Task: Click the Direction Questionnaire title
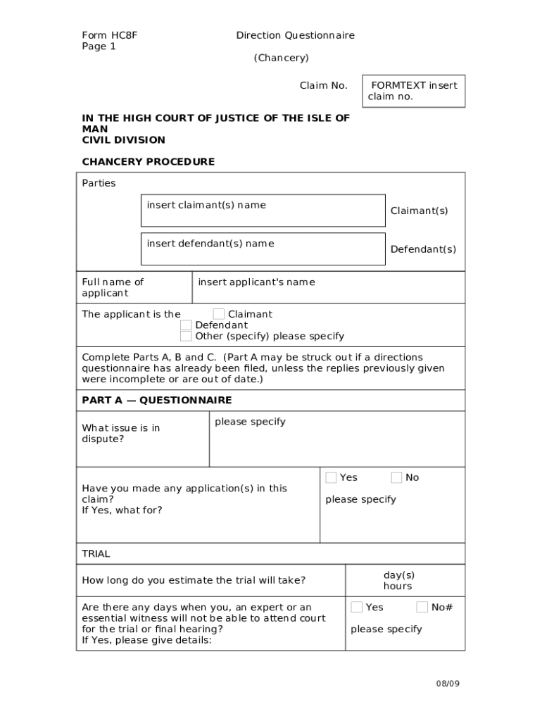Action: pos(295,35)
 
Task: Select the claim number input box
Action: pos(413,92)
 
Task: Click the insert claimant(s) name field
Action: pos(263,211)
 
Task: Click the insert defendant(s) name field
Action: pos(263,249)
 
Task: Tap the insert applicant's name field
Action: pos(327,287)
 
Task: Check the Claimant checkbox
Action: pos(219,314)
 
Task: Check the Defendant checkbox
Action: pos(186,325)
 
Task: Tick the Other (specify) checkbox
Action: pos(186,336)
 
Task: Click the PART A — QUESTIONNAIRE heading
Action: pos(157,400)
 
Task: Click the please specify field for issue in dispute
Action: pos(336,439)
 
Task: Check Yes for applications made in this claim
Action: pos(331,477)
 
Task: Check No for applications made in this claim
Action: pos(396,477)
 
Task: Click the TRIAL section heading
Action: pos(96,553)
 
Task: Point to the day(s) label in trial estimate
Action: pos(398,575)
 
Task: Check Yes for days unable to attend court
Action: pos(357,607)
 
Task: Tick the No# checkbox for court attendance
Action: pos(422,607)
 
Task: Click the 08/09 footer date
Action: pos(447,683)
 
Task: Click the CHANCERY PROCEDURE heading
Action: pos(149,161)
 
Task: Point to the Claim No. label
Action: pos(323,85)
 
